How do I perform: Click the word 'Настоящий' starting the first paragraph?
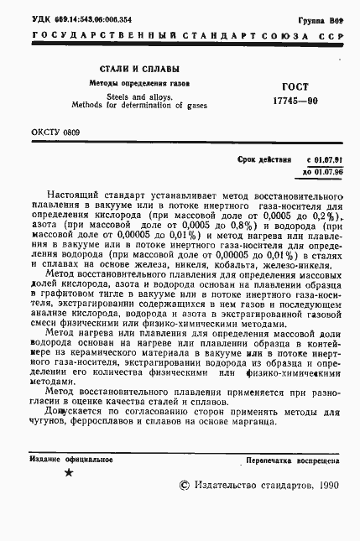click(78, 195)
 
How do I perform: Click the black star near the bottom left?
click(69, 474)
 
